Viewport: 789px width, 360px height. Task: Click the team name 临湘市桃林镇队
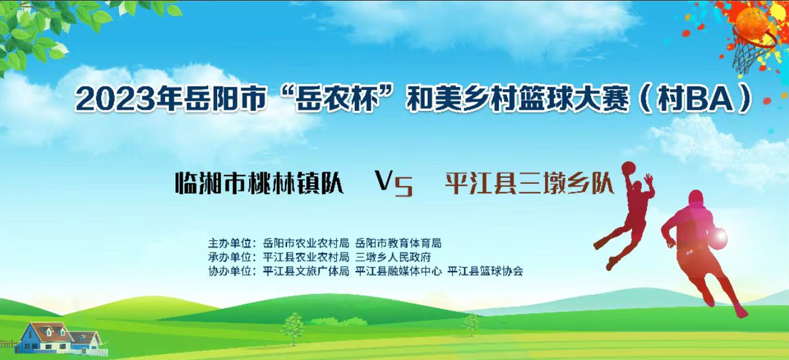tap(259, 183)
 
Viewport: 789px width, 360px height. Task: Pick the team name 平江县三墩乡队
tap(530, 183)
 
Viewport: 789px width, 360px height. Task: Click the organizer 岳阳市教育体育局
tap(398, 244)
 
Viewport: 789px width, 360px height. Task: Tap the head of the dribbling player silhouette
tap(696, 198)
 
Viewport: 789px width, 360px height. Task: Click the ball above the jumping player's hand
tap(628, 168)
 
